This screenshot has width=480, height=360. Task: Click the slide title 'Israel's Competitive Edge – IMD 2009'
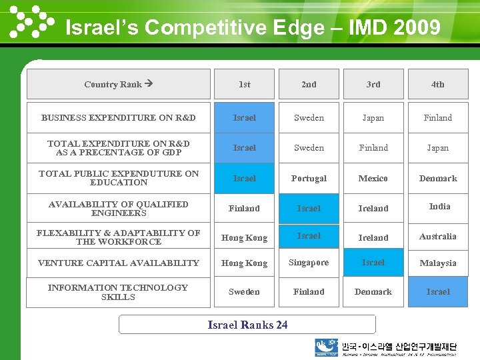pyautogui.click(x=253, y=28)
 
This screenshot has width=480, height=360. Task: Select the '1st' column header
pyautogui.click(x=245, y=84)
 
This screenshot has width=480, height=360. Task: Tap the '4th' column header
pyautogui.click(x=437, y=84)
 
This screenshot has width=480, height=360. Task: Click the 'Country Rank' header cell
pyautogui.click(x=118, y=84)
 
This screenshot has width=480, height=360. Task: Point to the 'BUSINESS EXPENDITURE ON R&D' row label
pyautogui.click(x=118, y=117)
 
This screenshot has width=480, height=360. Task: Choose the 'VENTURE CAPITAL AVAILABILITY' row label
pyautogui.click(x=118, y=263)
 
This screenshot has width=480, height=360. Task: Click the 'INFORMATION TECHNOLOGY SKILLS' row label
pyautogui.click(x=118, y=292)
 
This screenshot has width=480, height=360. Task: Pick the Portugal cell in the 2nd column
pyautogui.click(x=309, y=178)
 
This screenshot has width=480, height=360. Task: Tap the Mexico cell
pyautogui.click(x=373, y=178)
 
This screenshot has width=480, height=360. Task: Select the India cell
pyautogui.click(x=439, y=207)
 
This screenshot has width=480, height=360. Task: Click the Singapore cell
pyautogui.click(x=309, y=263)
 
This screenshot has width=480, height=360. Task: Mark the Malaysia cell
pyautogui.click(x=438, y=263)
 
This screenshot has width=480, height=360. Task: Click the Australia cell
pyautogui.click(x=438, y=236)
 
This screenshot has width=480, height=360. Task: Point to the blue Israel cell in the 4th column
pyautogui.click(x=438, y=292)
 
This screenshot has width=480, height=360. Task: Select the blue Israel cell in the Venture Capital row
pyautogui.click(x=373, y=263)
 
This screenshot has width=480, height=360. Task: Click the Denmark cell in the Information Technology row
pyautogui.click(x=373, y=292)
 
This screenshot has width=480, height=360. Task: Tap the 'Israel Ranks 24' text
pyautogui.click(x=247, y=325)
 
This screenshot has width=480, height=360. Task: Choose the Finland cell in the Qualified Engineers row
pyautogui.click(x=245, y=208)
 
